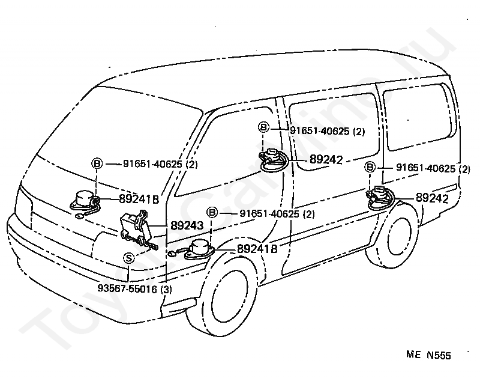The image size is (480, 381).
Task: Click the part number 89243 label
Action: click(x=187, y=225)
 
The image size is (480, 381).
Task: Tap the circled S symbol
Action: click(x=129, y=258)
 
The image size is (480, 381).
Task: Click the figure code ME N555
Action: click(x=428, y=355)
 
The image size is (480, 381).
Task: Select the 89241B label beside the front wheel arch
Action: click(x=257, y=249)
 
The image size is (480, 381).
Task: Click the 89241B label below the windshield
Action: click(x=139, y=200)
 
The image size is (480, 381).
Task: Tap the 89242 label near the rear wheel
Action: click(x=432, y=198)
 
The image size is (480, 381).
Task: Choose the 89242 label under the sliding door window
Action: click(x=326, y=159)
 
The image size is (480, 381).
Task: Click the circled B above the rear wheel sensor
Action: click(x=370, y=167)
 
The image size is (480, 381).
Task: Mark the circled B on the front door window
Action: click(x=263, y=127)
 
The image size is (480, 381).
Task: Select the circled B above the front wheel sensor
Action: click(x=212, y=212)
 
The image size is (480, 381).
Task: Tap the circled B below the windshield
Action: click(x=97, y=163)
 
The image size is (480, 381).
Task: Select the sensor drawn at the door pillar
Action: click(x=274, y=160)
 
